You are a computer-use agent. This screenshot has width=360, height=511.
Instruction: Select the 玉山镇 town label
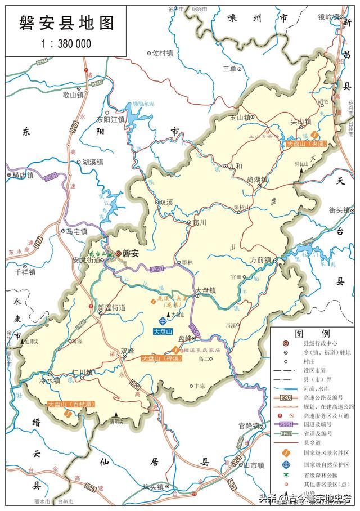(x=240, y=118)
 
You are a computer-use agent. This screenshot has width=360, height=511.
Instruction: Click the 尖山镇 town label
(x=300, y=122)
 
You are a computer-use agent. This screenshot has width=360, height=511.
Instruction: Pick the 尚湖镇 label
(x=257, y=179)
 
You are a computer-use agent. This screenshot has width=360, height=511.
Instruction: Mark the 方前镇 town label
(x=260, y=260)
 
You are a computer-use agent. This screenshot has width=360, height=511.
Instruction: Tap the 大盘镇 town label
(x=205, y=290)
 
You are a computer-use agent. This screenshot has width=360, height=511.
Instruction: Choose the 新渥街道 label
(x=111, y=308)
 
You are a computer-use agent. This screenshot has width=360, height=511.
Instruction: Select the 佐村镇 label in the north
(x=162, y=53)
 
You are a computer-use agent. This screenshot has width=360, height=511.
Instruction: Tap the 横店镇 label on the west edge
(x=22, y=175)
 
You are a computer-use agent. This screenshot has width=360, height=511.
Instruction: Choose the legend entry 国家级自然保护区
(x=327, y=464)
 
